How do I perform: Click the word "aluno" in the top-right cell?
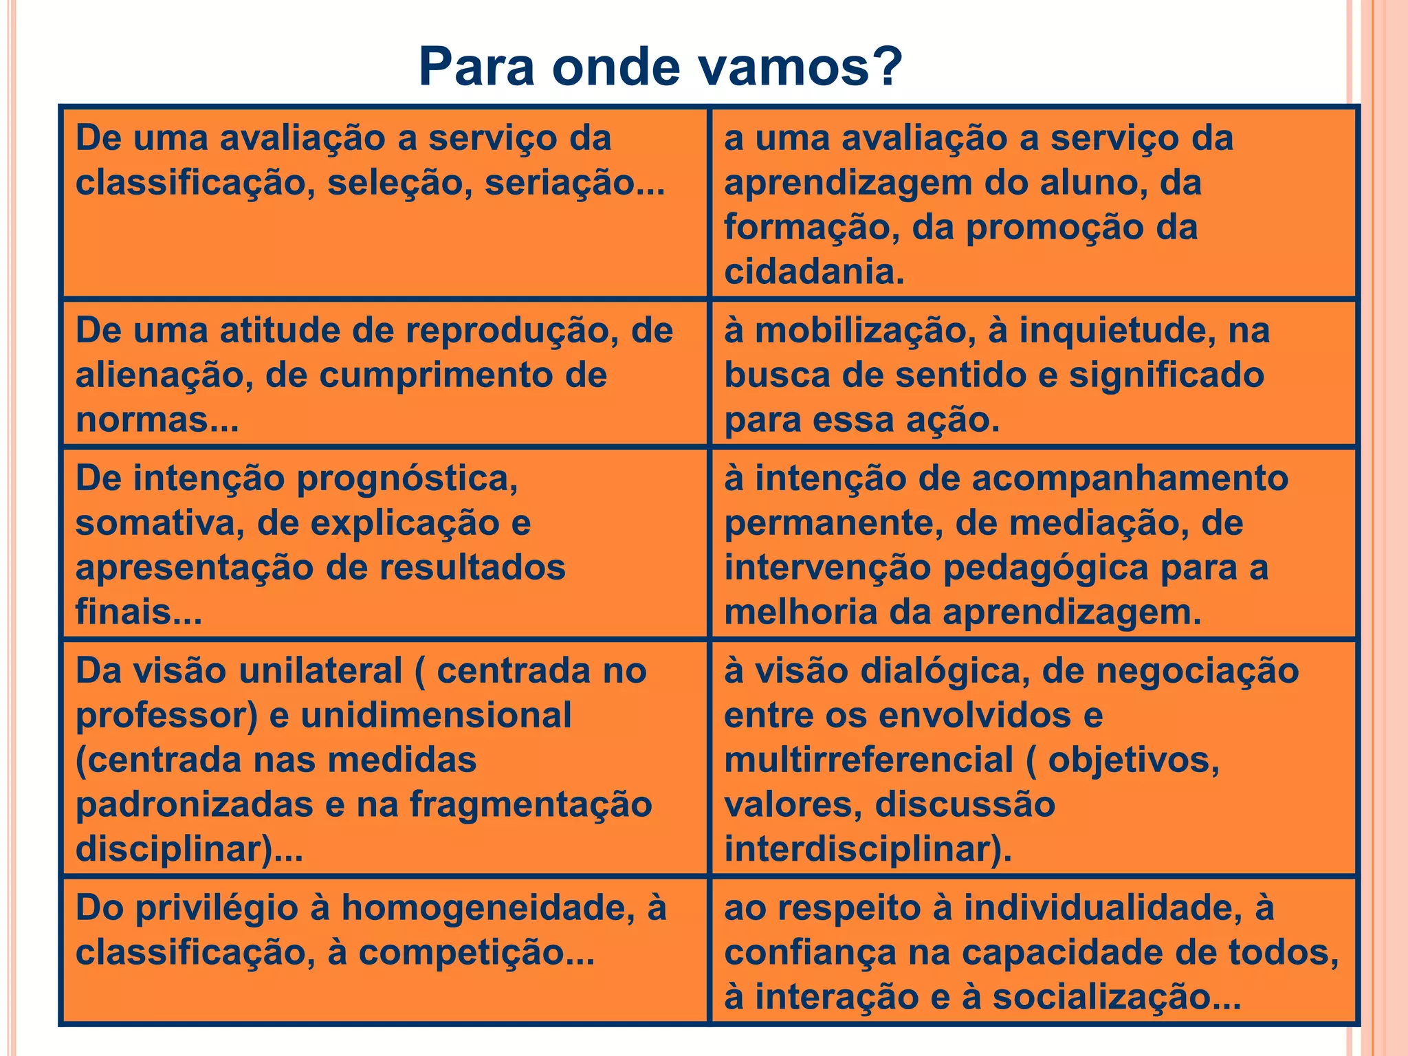[x=1093, y=183]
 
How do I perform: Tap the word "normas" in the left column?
[x=150, y=420]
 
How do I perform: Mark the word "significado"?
[x=1166, y=375]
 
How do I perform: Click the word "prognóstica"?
[x=404, y=479]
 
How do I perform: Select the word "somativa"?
[x=159, y=523]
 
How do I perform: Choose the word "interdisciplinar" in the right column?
[x=862, y=850]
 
